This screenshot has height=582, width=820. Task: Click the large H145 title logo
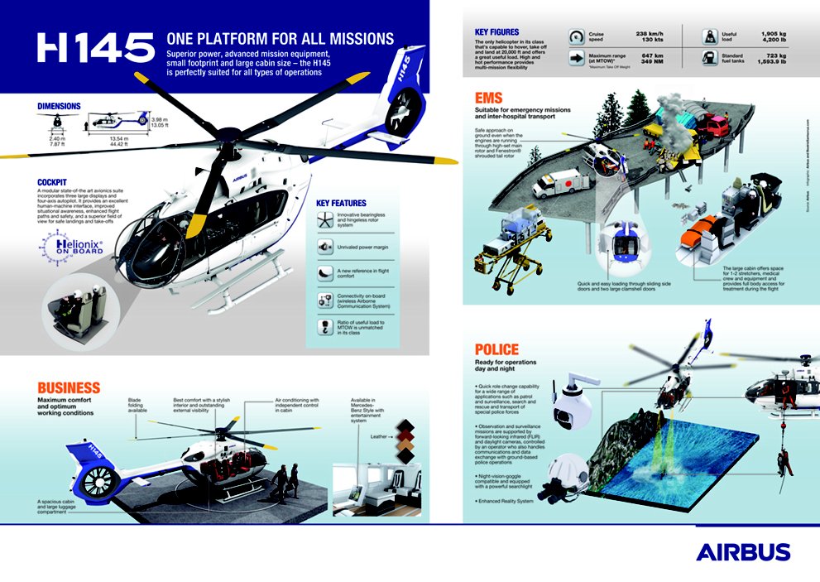[x=95, y=47]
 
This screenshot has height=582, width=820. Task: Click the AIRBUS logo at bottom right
[x=742, y=552]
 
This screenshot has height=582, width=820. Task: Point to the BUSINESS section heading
[x=69, y=387]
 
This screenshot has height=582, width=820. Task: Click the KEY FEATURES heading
[x=341, y=203]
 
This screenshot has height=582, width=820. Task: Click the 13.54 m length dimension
[x=121, y=139]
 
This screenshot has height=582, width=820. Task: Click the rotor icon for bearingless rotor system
[x=325, y=218]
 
